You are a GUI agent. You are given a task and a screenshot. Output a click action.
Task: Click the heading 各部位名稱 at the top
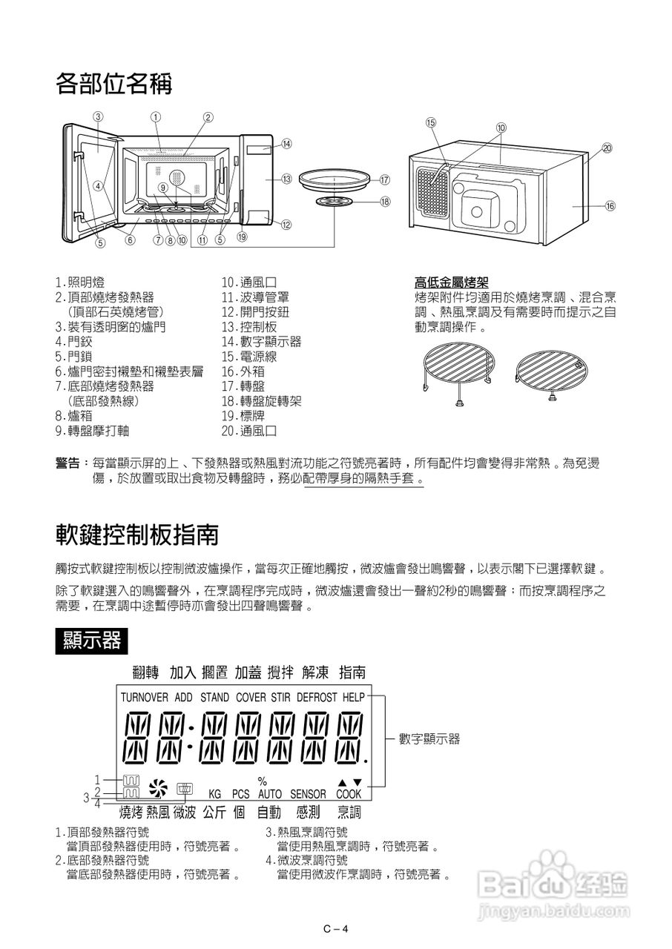click(113, 84)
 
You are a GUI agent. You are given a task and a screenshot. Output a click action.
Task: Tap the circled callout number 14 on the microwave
click(286, 144)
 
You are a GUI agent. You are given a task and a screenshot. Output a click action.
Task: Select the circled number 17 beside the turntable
click(384, 179)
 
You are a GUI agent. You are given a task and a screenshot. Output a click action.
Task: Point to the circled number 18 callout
click(384, 201)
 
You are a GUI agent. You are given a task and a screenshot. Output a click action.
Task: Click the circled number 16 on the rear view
click(610, 205)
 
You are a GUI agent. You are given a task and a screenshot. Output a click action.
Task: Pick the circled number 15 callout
click(431, 122)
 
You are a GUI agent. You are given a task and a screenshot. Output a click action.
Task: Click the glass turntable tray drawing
click(336, 180)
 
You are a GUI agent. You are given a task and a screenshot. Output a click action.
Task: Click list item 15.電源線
click(249, 357)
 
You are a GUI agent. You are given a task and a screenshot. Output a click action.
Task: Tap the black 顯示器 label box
click(92, 640)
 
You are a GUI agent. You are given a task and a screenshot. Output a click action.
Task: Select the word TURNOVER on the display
click(144, 698)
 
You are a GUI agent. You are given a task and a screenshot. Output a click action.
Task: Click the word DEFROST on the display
click(317, 698)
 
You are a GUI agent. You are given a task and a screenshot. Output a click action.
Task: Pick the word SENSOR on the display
click(308, 794)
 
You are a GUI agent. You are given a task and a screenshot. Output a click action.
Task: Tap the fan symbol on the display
click(158, 787)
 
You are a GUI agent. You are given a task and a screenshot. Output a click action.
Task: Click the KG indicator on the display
click(215, 794)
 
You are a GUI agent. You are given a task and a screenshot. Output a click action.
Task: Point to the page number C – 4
click(335, 930)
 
